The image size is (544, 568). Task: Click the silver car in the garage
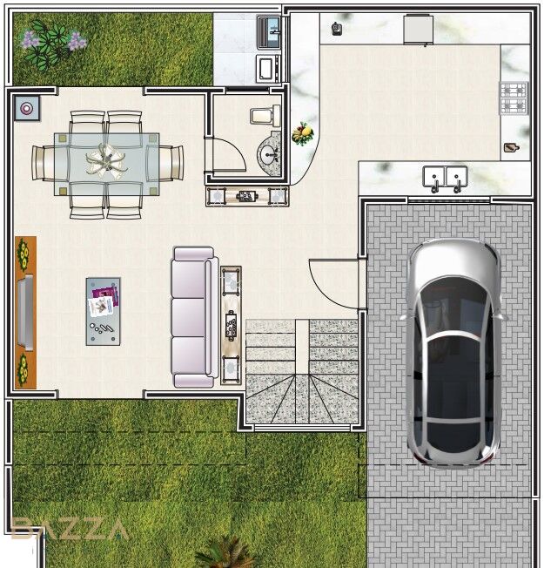pos(453,353)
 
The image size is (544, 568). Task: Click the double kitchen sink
pos(445,179)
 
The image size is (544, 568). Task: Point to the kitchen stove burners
pos(514,98)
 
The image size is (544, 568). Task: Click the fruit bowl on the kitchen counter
pos(303,133)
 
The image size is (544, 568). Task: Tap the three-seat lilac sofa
pos(195,317)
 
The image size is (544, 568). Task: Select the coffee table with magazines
pos(104,312)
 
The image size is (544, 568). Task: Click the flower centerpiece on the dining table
pos(106,162)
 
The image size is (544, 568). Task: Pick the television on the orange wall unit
pos(25,313)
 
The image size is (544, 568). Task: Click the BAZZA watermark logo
pos(69,529)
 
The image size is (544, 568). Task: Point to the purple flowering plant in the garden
pos(54,44)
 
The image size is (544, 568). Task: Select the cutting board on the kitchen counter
pos(512,147)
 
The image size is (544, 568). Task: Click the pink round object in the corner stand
pos(26,108)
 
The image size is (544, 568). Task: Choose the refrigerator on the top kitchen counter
pos(419,30)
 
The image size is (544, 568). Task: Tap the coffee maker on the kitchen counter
pos(337,29)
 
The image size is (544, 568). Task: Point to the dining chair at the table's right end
pos(170,163)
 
